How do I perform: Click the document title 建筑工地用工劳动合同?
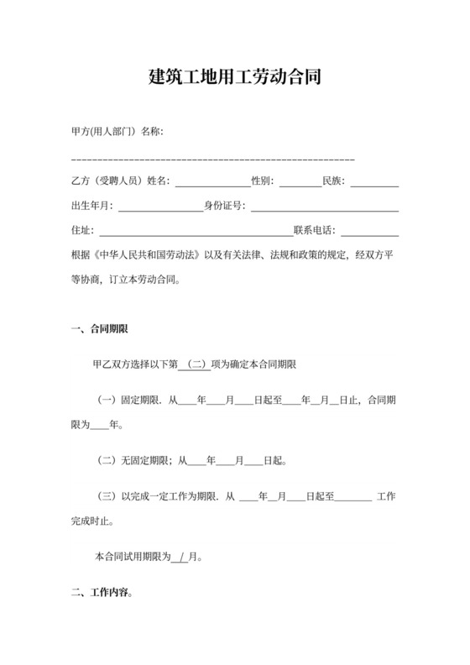234,78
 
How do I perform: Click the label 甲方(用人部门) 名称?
117,133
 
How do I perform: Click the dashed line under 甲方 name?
213,159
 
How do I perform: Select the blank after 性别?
300,182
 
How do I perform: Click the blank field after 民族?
374,182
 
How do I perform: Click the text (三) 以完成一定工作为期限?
159,497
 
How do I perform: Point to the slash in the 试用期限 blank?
180,557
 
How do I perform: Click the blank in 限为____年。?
98,425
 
